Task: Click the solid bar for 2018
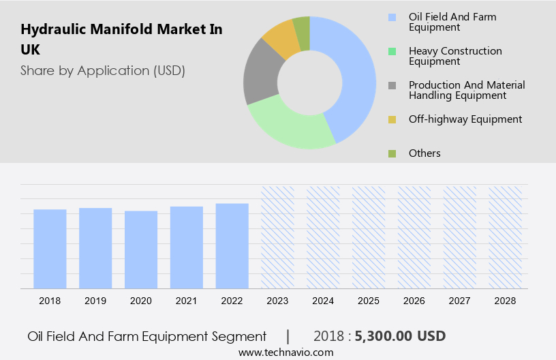(x=50, y=249)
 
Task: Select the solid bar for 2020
(x=141, y=250)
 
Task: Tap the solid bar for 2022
(x=232, y=245)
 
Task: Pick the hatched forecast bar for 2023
(x=278, y=237)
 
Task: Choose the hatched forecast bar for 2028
(x=506, y=237)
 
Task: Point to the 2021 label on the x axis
(x=187, y=301)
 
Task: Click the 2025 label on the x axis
(x=369, y=301)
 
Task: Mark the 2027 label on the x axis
(x=460, y=301)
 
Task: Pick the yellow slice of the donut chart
(x=281, y=39)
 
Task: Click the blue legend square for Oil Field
(x=392, y=17)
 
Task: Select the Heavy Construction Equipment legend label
(x=455, y=56)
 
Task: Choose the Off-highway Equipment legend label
(x=465, y=119)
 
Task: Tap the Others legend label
(x=424, y=153)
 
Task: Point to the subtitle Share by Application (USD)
(x=103, y=70)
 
